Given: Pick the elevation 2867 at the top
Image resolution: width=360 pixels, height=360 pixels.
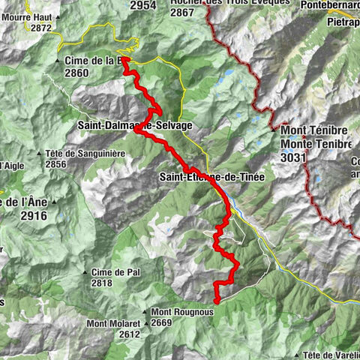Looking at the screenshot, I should point(185,13).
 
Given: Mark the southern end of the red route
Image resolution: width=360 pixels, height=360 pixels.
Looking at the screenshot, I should point(216,301).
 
